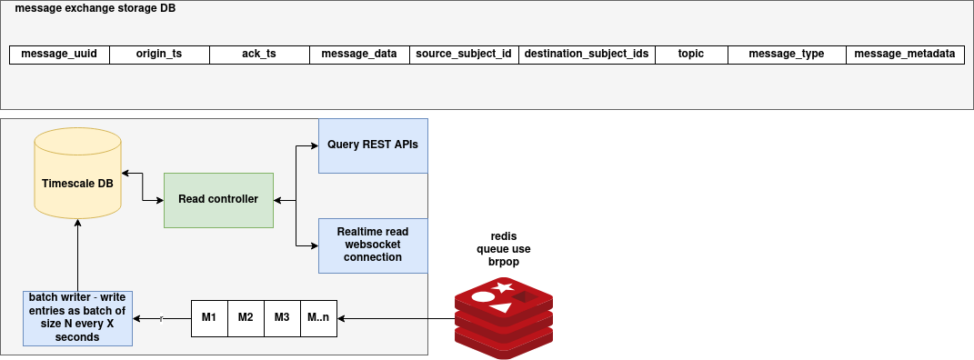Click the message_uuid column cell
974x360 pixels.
coord(59,54)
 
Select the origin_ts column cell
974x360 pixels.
coord(159,54)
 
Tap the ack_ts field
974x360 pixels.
coord(259,54)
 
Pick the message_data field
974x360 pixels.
coord(359,54)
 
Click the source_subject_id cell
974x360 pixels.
coord(464,54)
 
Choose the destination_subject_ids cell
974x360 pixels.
coord(587,54)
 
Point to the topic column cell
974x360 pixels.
coord(691,54)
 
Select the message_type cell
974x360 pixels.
coord(787,54)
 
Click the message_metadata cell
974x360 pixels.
coord(905,54)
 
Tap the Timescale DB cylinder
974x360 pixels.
coord(78,183)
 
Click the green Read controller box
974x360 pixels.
coord(218,199)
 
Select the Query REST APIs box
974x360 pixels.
coord(373,145)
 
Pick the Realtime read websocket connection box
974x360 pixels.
coord(373,245)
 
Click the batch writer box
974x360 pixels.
coord(78,318)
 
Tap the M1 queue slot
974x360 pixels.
coord(209,317)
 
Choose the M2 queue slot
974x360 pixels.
coord(246,317)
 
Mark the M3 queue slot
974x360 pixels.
coord(282,317)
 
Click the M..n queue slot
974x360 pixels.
coord(318,317)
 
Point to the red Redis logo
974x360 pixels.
coord(504,318)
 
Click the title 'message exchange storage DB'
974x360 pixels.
coord(95,8)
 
